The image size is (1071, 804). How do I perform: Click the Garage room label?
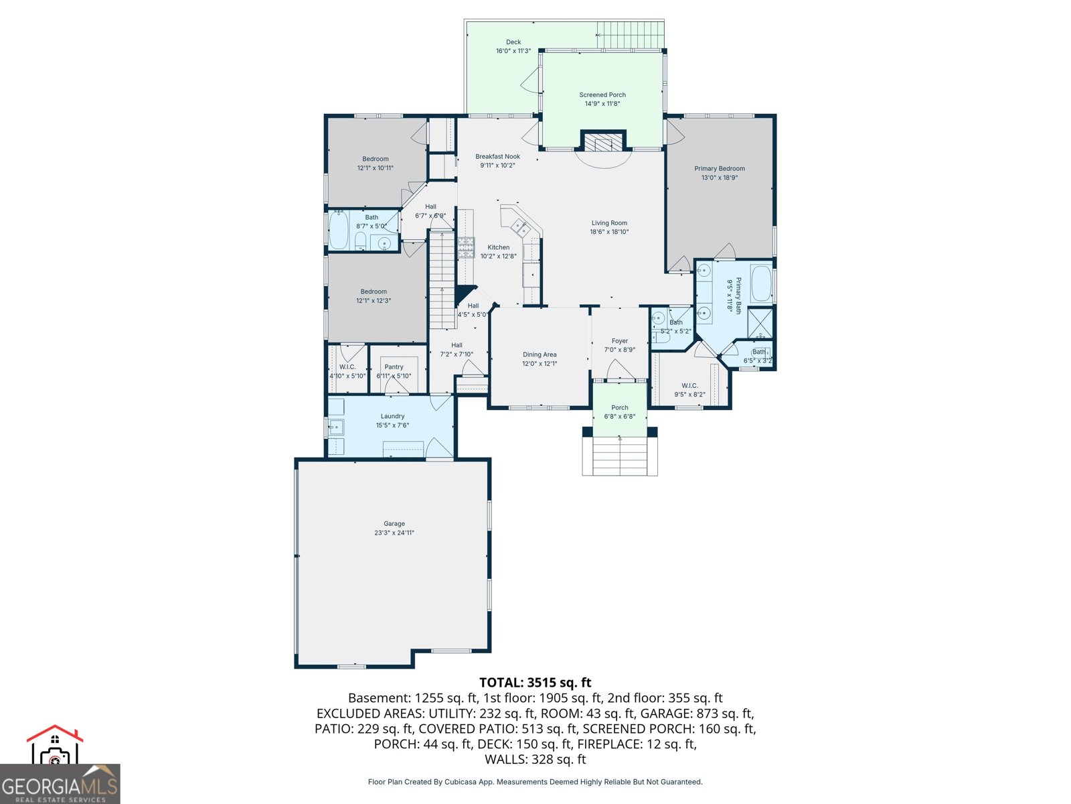394,524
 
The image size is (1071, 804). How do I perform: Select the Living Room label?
609,223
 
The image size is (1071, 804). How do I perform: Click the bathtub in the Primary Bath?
761,284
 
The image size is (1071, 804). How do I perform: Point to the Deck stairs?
629,34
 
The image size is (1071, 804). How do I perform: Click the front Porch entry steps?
620,456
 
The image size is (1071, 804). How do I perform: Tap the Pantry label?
394,367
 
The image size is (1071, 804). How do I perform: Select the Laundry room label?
392,416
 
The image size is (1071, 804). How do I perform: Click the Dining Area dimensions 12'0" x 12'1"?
540,364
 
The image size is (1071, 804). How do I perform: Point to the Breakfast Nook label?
497,157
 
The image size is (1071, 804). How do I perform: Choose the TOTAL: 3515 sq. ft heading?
535,683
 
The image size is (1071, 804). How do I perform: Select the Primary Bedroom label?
720,169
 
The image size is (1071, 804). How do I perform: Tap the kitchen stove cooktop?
466,248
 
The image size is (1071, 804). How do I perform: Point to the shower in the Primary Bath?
760,323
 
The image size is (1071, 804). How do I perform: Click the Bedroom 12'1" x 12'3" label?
374,291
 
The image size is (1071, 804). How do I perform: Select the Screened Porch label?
602,95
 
